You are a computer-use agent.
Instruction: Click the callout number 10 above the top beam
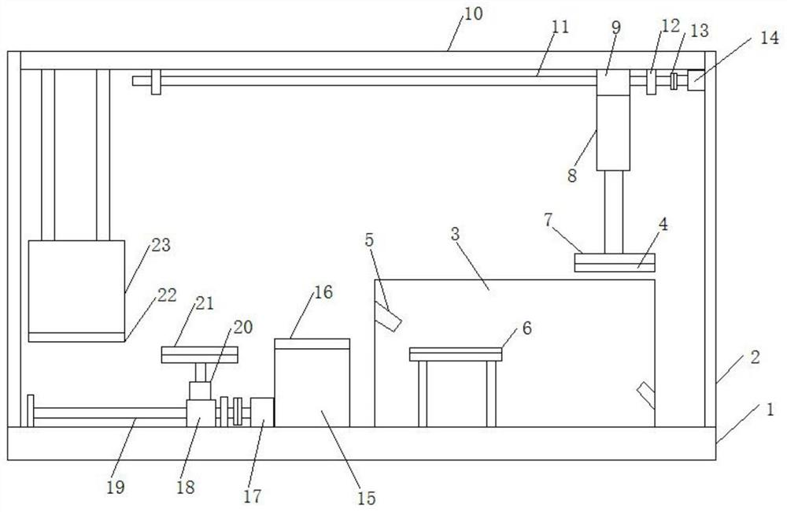coord(473,13)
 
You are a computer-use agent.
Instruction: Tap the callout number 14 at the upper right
coord(769,38)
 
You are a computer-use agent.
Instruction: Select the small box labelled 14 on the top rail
coord(696,80)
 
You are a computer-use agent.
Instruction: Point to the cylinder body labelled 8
coord(613,133)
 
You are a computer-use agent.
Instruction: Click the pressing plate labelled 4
coord(615,263)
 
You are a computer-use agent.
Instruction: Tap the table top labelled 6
coord(456,354)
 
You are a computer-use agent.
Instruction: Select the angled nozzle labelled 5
coord(387,317)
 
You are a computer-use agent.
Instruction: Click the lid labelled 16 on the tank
coord(312,343)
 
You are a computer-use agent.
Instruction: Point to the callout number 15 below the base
coord(367,498)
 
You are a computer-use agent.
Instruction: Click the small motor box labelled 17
coord(261,413)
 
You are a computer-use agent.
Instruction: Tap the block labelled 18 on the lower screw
coord(201,413)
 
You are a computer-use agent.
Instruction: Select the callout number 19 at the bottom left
coord(116,487)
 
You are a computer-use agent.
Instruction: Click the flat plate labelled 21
coord(199,354)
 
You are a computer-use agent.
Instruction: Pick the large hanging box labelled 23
coord(76,287)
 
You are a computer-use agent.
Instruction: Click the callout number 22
coord(167,295)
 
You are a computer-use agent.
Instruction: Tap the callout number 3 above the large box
coord(455,234)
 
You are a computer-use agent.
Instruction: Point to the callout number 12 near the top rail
coord(671,26)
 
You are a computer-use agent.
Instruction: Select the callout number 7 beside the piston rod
coord(548,220)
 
